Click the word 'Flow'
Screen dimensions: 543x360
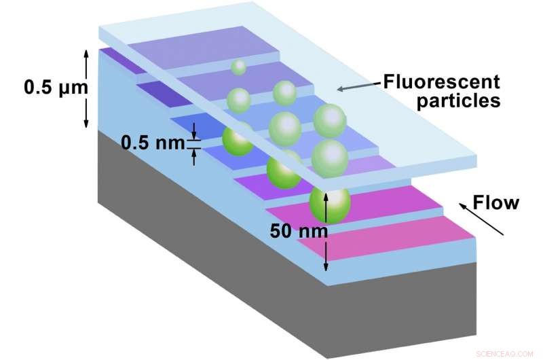tap(495, 202)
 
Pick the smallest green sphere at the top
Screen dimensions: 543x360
tap(238, 67)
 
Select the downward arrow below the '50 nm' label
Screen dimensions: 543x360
tap(326, 255)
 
